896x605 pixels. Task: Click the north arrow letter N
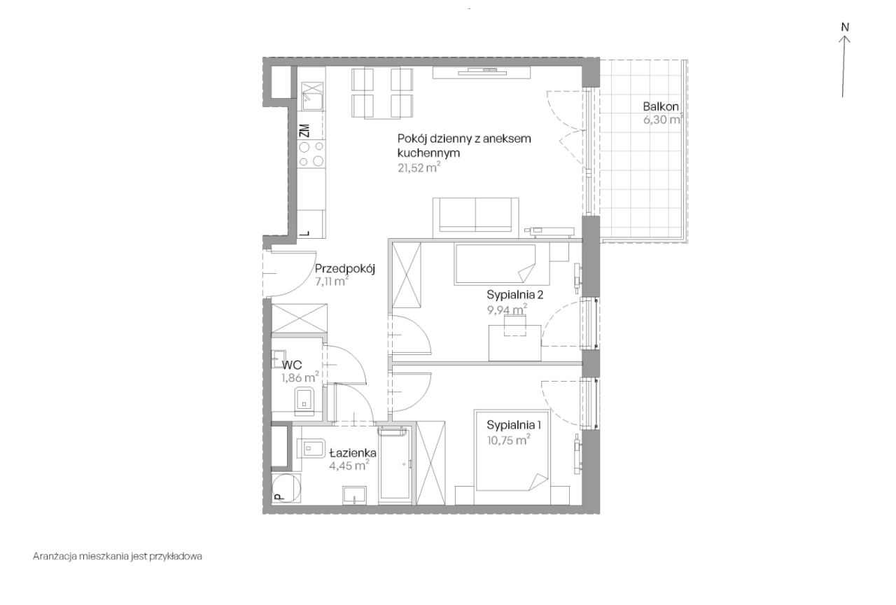click(845, 27)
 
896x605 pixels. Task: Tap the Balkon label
click(661, 106)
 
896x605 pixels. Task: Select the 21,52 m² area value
click(419, 167)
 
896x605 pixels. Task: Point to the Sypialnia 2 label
click(514, 295)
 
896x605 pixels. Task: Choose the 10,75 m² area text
click(509, 440)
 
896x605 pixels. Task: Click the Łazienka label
click(353, 453)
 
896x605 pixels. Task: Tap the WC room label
click(292, 365)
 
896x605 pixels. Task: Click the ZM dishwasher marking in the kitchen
click(304, 130)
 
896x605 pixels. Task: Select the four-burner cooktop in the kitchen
click(311, 153)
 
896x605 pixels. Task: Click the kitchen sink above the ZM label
click(312, 96)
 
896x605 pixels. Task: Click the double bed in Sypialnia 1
click(512, 457)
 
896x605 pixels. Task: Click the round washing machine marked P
click(286, 487)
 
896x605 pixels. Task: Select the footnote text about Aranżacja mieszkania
click(118, 556)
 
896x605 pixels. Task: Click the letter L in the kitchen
click(307, 233)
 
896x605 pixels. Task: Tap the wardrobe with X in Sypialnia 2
click(407, 275)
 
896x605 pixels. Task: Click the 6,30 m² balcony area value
click(662, 119)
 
